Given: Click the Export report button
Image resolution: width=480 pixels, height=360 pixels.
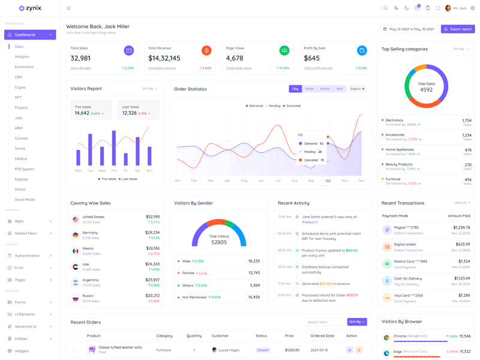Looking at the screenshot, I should coord(458,29).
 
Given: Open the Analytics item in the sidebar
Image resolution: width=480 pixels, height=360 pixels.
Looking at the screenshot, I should coord(22,56).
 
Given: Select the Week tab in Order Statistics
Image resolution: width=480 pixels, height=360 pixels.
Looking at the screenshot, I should coord(309,89).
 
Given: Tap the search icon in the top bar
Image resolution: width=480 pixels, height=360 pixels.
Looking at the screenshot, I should coord(385,8).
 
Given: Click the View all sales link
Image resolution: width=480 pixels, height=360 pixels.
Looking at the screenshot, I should coord(80,68).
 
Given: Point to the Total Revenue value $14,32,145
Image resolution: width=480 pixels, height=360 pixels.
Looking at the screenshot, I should coord(164,58).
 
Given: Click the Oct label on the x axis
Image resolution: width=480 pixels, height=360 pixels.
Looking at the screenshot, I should coord(328,181).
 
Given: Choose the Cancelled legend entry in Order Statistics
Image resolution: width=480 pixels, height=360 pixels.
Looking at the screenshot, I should coord(293,106).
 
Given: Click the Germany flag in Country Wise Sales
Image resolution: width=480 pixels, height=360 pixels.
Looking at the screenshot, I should coord(76,235).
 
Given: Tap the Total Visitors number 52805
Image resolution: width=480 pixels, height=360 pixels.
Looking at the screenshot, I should coord(219,242).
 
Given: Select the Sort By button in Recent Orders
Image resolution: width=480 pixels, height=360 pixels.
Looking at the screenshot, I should coord(356,322).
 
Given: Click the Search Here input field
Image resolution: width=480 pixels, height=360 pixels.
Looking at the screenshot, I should coord(325,322).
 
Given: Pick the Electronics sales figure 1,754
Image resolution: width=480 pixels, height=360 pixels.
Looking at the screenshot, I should coord(466,121).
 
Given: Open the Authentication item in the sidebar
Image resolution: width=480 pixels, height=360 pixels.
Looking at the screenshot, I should coord(27,256).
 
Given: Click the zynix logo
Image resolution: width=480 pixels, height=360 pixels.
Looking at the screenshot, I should coord(30,8).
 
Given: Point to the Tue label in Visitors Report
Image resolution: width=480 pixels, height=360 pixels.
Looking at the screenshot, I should coord(90,170).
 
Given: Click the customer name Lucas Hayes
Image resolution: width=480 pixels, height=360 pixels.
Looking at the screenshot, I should coord(229,350).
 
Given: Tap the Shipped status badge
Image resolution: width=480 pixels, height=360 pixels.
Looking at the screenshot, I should coord(263,350).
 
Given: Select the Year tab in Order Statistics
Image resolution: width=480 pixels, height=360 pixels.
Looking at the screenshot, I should coord(340,89).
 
